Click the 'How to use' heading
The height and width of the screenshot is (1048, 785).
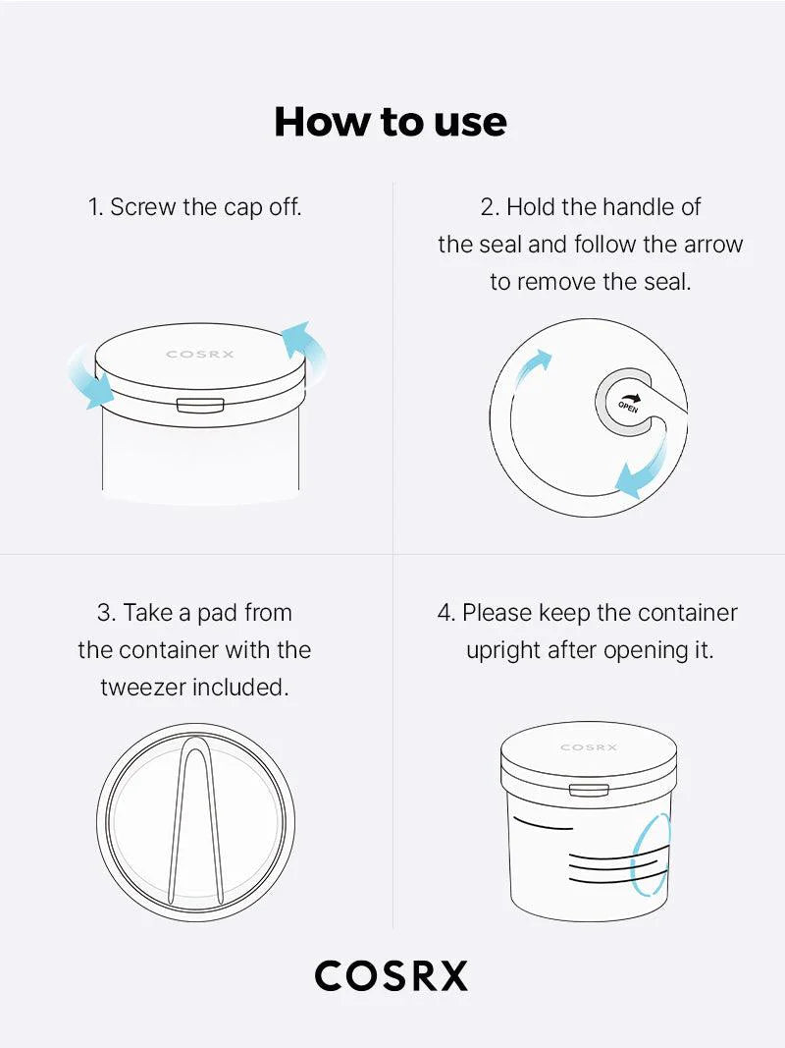pyautogui.click(x=391, y=122)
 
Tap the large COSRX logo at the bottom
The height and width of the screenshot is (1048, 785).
pyautogui.click(x=392, y=976)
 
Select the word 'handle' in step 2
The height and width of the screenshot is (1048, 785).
pyautogui.click(x=638, y=207)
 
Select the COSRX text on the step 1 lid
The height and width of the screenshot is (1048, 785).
pyautogui.click(x=200, y=355)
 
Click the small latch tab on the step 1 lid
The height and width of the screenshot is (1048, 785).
pyautogui.click(x=200, y=405)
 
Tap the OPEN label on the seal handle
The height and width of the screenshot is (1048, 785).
pyautogui.click(x=628, y=406)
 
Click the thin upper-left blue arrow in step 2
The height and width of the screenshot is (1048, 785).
pyautogui.click(x=531, y=371)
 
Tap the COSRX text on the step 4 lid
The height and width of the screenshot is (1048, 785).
pyautogui.click(x=589, y=747)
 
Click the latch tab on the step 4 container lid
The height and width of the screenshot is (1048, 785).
pyautogui.click(x=589, y=790)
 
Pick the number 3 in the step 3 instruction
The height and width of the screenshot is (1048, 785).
pyautogui.click(x=103, y=613)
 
